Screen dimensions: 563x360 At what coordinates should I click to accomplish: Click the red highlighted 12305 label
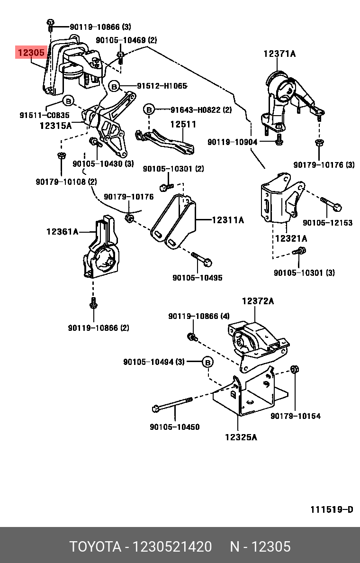[31, 52]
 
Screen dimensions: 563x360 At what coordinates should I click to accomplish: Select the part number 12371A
[279, 54]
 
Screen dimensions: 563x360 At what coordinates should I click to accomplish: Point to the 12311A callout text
[227, 220]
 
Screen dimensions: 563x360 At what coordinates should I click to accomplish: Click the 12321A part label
[291, 238]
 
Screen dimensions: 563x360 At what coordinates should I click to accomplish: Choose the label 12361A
[62, 232]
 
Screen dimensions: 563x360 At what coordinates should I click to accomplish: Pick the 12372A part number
[258, 301]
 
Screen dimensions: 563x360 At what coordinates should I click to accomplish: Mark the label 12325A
[241, 437]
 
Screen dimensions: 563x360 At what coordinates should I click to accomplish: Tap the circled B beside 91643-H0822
[149, 110]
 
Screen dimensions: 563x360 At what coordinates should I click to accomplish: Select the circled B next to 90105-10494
[207, 362]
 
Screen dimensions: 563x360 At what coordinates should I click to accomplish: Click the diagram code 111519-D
[332, 509]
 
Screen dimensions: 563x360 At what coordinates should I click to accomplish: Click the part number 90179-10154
[296, 416]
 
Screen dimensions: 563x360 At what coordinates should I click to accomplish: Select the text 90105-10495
[197, 278]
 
